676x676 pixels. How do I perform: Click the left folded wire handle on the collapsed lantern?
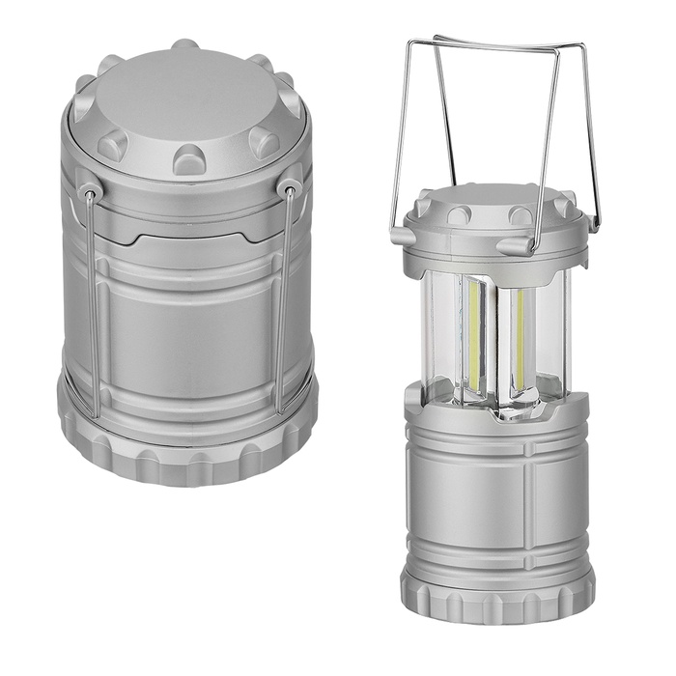(89, 299)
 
